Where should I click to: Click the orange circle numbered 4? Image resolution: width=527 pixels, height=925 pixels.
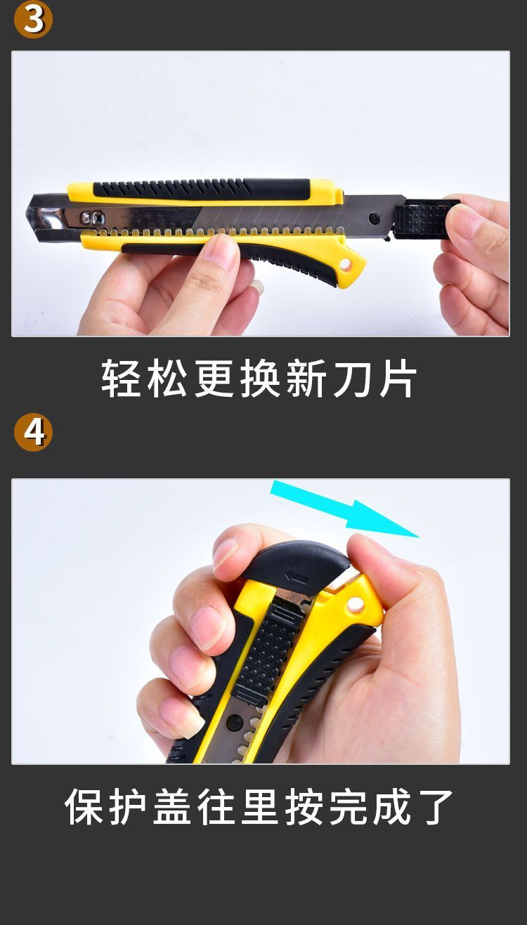33,433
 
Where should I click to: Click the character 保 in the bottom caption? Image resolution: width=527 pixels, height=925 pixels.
84,806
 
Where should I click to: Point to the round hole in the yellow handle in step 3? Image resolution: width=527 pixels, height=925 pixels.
346,265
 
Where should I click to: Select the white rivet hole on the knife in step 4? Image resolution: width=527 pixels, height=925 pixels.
353,605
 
